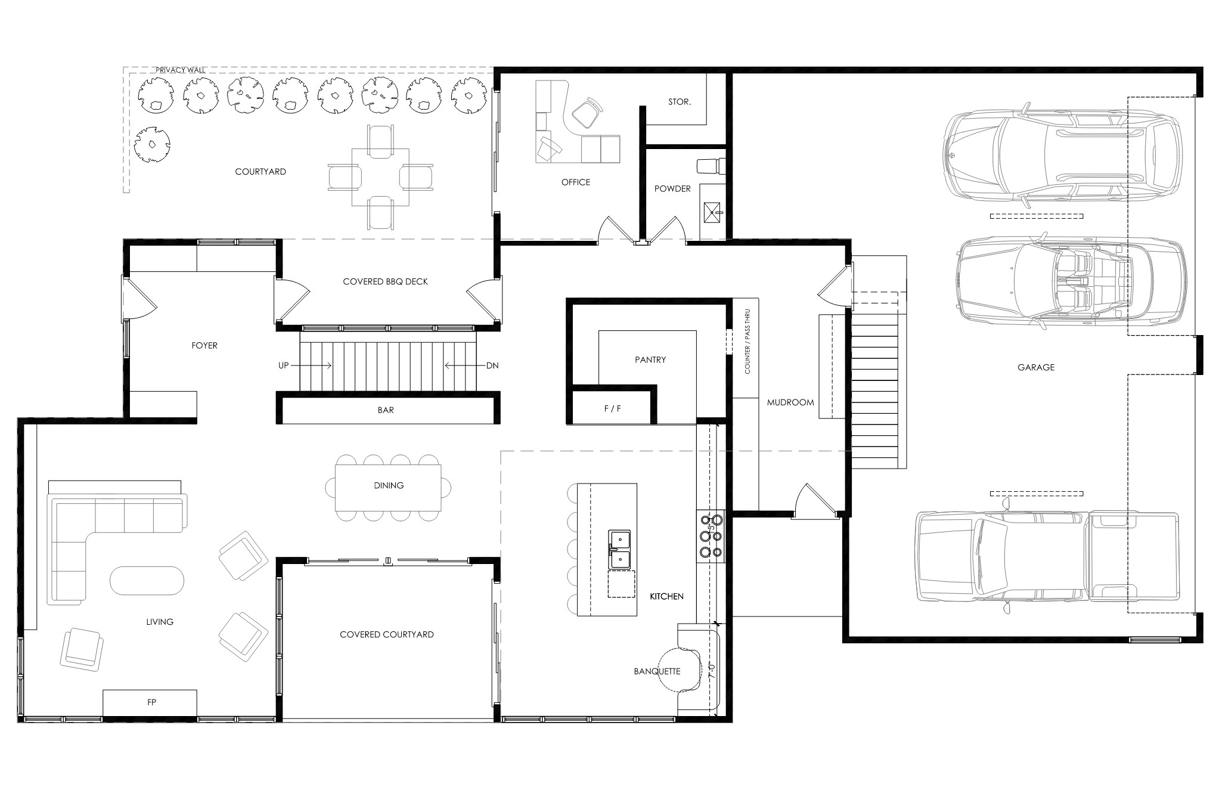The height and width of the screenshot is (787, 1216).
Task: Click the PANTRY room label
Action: (650, 360)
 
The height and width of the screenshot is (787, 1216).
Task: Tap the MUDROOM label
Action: (790, 402)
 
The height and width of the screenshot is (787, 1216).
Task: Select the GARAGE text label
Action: (1036, 367)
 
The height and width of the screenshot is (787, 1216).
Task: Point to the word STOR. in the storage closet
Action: (679, 102)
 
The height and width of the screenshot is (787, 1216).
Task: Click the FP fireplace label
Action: (152, 702)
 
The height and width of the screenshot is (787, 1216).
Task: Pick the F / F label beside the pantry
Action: (612, 408)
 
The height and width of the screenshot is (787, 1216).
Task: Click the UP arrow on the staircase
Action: (319, 365)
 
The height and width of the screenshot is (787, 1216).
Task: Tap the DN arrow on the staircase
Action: (458, 365)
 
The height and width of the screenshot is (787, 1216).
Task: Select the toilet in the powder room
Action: (711, 165)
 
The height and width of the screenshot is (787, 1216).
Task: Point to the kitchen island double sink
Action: (620, 549)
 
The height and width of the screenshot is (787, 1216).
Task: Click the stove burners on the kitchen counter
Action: (711, 536)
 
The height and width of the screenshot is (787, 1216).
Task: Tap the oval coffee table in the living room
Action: (147, 580)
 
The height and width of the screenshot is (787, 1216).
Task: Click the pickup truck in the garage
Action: (1047, 563)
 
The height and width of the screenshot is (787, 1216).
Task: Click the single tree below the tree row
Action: (152, 145)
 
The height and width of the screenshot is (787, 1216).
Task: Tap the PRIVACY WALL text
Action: (181, 70)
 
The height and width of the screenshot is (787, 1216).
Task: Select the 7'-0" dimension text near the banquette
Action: (711, 671)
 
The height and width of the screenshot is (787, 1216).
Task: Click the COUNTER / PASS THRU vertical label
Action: (747, 342)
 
